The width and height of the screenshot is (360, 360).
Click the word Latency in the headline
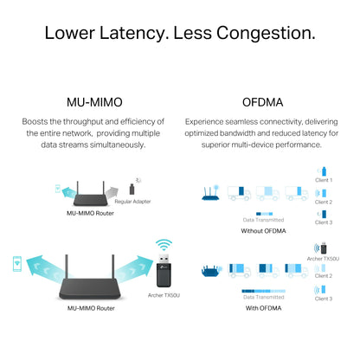[x=134, y=33]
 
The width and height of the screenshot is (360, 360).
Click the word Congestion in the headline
[x=266, y=33]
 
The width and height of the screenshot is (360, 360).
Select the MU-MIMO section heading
[x=94, y=102]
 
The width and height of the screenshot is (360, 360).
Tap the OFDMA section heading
[x=262, y=102]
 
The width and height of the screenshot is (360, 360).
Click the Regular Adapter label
[x=132, y=202]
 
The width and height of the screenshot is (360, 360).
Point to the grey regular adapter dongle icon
[x=132, y=190]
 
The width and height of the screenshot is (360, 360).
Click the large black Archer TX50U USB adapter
[x=164, y=271]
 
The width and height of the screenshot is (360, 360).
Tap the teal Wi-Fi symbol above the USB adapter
[x=164, y=245]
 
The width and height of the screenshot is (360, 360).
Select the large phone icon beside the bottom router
[x=17, y=264]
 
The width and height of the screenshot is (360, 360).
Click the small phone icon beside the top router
[x=58, y=189]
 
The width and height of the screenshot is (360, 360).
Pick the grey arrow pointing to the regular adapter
[x=112, y=192]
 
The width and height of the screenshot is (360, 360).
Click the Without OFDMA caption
[x=263, y=231]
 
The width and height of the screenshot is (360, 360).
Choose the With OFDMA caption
[x=263, y=308]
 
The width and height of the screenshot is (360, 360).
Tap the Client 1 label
[x=324, y=180]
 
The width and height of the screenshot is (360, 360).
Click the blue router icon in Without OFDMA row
[x=210, y=193]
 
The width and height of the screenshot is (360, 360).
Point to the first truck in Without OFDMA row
[x=239, y=193]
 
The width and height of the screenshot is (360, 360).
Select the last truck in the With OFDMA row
[x=296, y=271]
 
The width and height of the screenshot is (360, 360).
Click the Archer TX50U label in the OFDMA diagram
[x=323, y=259]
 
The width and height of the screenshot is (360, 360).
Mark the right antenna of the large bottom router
[x=113, y=267]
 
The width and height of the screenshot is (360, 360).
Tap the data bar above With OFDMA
[x=263, y=291]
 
